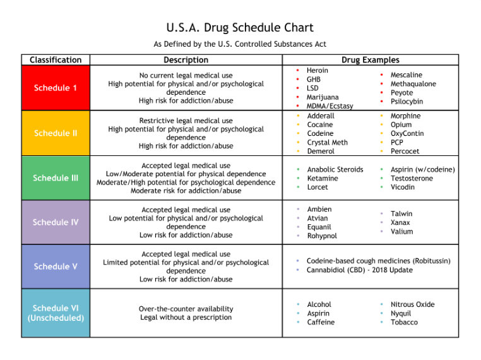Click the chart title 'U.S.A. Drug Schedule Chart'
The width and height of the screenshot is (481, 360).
point(240,28)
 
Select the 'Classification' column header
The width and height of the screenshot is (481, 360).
point(56,60)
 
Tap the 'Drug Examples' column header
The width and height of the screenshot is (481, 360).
point(371,60)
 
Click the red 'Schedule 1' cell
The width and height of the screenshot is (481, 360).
point(56,88)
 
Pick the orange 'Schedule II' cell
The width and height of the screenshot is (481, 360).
point(56,133)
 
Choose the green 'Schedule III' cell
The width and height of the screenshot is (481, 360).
point(56,178)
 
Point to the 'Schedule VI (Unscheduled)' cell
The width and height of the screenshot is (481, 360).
point(56,313)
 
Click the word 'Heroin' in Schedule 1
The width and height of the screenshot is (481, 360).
point(317,71)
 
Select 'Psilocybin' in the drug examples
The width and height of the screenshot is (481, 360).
point(407,102)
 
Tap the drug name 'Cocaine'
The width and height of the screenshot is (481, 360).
point(320,124)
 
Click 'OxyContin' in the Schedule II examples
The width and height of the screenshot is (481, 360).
point(407,133)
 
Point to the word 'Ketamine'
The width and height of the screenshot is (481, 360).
point(323,178)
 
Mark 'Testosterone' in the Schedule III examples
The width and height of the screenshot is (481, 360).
point(412,178)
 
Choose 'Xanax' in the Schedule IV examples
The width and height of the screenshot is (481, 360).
point(400,222)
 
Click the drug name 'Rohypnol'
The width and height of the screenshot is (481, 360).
point(322,236)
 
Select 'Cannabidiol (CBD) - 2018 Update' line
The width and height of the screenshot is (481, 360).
point(360,270)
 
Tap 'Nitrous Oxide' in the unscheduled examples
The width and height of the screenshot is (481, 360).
point(413,304)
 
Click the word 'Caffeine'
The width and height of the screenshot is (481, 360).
point(321,322)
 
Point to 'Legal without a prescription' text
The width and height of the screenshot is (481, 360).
point(186,317)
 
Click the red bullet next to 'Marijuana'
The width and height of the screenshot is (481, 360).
point(297,97)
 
